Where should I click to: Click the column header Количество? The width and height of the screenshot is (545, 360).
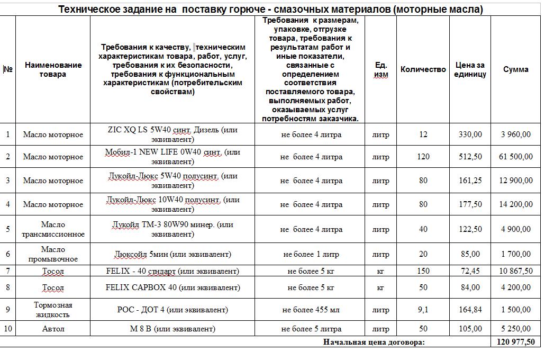[423, 69]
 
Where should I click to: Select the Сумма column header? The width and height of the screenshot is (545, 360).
[515, 69]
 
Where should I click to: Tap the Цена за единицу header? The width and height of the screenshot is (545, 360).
[470, 69]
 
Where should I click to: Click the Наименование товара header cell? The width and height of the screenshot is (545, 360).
[53, 69]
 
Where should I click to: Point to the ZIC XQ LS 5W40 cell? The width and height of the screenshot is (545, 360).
[172, 134]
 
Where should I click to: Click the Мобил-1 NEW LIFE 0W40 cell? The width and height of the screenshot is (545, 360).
[172, 157]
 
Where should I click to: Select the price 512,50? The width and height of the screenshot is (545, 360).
[470, 157]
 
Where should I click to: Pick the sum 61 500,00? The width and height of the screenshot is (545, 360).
[515, 157]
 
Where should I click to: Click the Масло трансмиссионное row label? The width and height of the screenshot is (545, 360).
[53, 229]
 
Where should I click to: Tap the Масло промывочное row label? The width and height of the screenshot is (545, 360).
[53, 254]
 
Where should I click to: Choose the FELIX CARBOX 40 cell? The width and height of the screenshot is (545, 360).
[172, 287]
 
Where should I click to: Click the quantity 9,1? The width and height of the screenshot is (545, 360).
[423, 310]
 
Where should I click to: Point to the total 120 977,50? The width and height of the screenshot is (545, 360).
[515, 342]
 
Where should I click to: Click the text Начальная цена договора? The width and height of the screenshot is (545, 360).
[374, 342]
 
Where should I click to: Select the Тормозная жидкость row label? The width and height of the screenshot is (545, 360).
[53, 310]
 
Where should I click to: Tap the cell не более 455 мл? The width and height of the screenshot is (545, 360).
[311, 310]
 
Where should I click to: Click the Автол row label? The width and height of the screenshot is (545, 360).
[53, 329]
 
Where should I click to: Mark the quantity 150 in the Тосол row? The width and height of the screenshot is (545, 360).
[423, 271]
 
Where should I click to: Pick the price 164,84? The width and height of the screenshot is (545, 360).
[470, 310]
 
